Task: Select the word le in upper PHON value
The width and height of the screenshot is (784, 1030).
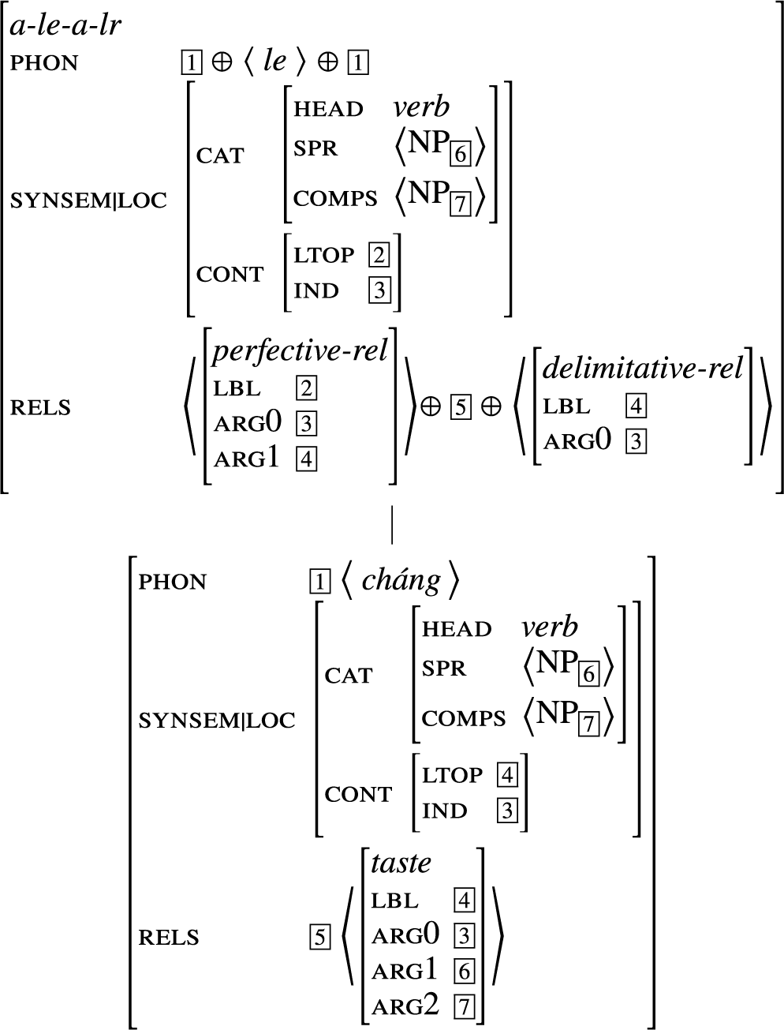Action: point(274,62)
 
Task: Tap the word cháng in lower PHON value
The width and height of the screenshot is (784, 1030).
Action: point(401,581)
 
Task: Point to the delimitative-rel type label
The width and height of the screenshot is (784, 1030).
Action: point(643,368)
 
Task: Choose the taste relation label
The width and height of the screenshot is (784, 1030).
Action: point(401,863)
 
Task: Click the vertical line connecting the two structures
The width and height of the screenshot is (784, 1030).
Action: point(392,526)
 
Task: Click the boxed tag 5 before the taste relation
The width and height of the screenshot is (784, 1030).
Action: point(319,938)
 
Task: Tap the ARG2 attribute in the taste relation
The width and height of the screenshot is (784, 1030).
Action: point(405,1006)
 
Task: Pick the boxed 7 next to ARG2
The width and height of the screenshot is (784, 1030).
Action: point(465,1007)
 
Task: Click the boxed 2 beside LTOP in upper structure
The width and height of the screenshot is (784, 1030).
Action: point(379,256)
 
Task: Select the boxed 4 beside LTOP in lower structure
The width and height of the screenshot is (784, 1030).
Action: point(507,776)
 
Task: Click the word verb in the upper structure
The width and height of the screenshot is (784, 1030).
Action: point(421,107)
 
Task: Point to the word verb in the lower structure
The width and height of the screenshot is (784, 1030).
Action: point(550,627)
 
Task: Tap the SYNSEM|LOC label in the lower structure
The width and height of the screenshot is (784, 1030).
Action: point(216,721)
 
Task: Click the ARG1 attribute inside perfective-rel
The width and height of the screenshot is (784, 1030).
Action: point(246,459)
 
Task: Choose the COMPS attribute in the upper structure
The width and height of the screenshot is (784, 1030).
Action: point(335,198)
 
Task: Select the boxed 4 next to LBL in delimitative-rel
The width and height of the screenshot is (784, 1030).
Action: point(636,406)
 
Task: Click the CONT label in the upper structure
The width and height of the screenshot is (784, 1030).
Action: point(230,275)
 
